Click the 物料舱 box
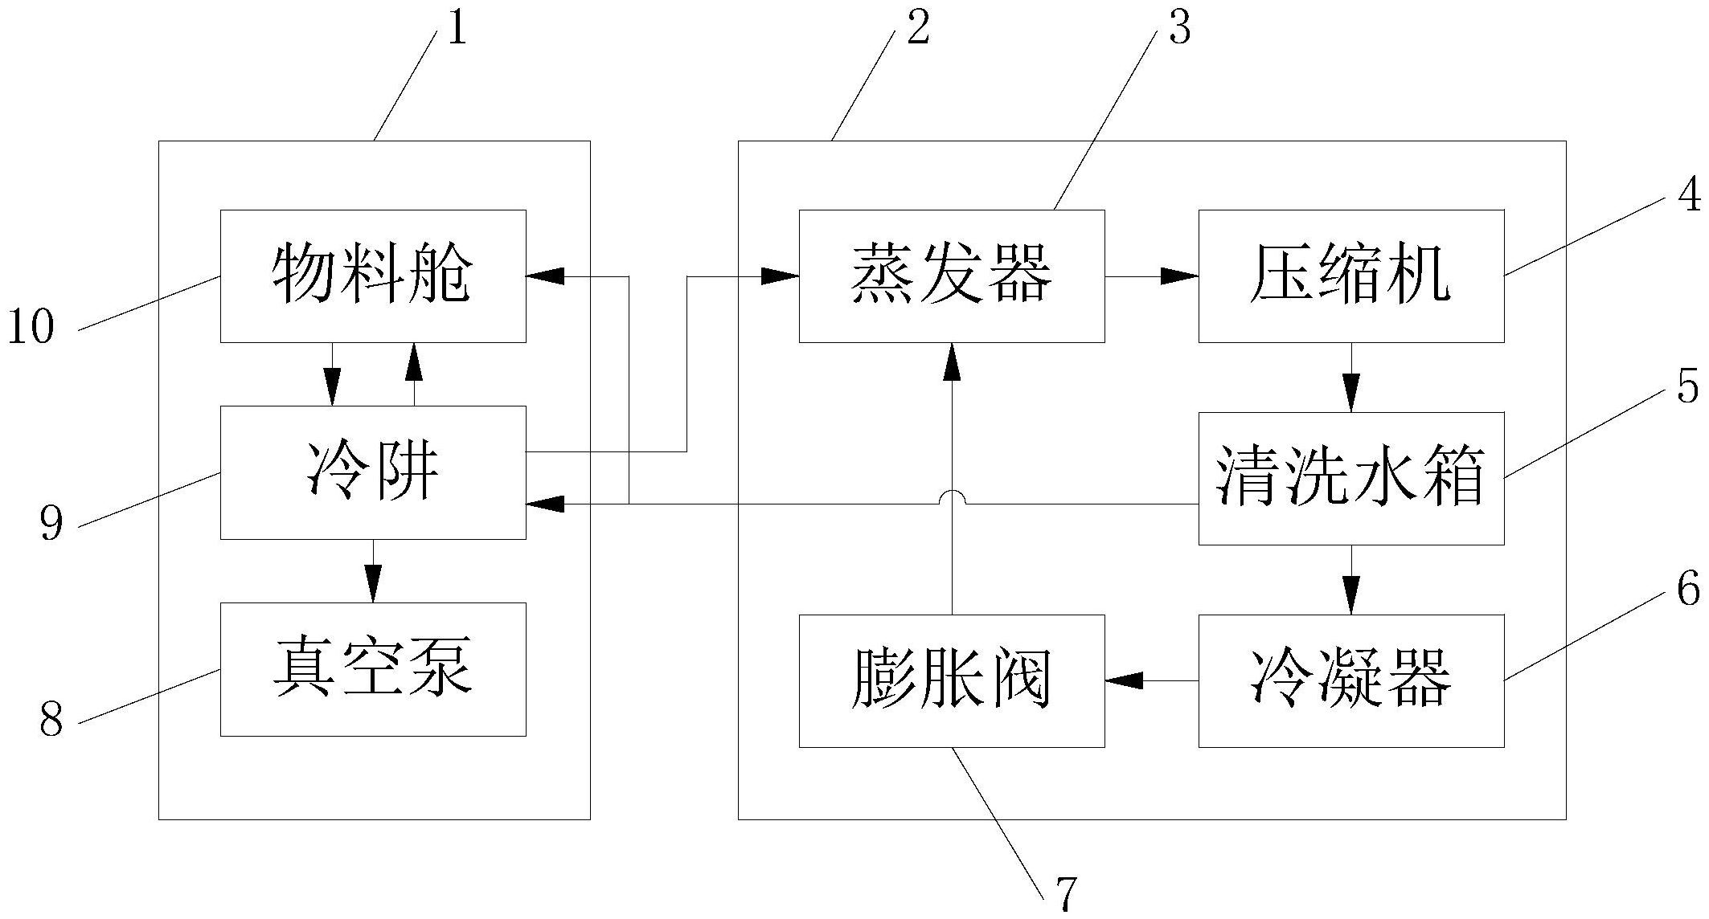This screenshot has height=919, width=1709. click(373, 276)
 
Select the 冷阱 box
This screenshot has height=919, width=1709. click(373, 472)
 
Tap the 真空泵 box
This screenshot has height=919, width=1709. click(373, 668)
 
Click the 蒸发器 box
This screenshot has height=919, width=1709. click(951, 276)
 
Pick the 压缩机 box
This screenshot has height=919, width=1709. click(1350, 276)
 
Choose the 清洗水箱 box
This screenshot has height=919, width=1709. click(1350, 478)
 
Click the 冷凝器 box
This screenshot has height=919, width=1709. click(1350, 680)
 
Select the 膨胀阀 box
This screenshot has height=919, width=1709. click(951, 680)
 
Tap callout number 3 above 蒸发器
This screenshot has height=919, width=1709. click(1178, 29)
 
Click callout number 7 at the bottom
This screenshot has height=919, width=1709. click(1065, 893)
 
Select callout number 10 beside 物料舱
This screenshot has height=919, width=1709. click(31, 328)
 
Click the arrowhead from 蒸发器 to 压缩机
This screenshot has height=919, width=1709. click(1180, 276)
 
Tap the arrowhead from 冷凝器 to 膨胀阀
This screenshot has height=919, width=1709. click(1124, 680)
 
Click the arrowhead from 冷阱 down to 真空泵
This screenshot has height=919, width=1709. click(373, 583)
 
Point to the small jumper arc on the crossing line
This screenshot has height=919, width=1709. click(952, 498)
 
